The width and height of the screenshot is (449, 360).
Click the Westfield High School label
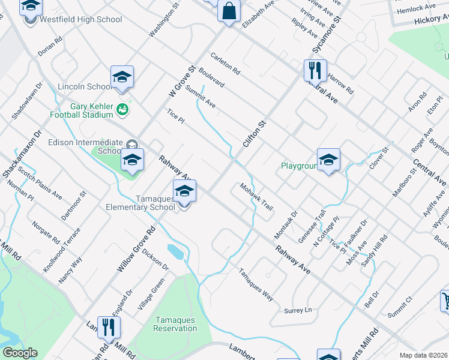80,19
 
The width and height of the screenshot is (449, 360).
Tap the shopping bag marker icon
229,11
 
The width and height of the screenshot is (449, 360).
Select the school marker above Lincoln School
122,77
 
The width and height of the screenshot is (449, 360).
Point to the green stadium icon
123,109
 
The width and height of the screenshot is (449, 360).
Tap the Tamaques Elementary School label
140,203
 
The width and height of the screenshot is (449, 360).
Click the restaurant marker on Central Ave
314,71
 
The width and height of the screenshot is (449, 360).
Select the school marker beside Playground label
328,160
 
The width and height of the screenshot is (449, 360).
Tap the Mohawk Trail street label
257,196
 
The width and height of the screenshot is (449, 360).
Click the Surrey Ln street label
298,310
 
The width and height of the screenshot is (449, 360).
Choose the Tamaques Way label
256,284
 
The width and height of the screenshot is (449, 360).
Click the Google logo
20,353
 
